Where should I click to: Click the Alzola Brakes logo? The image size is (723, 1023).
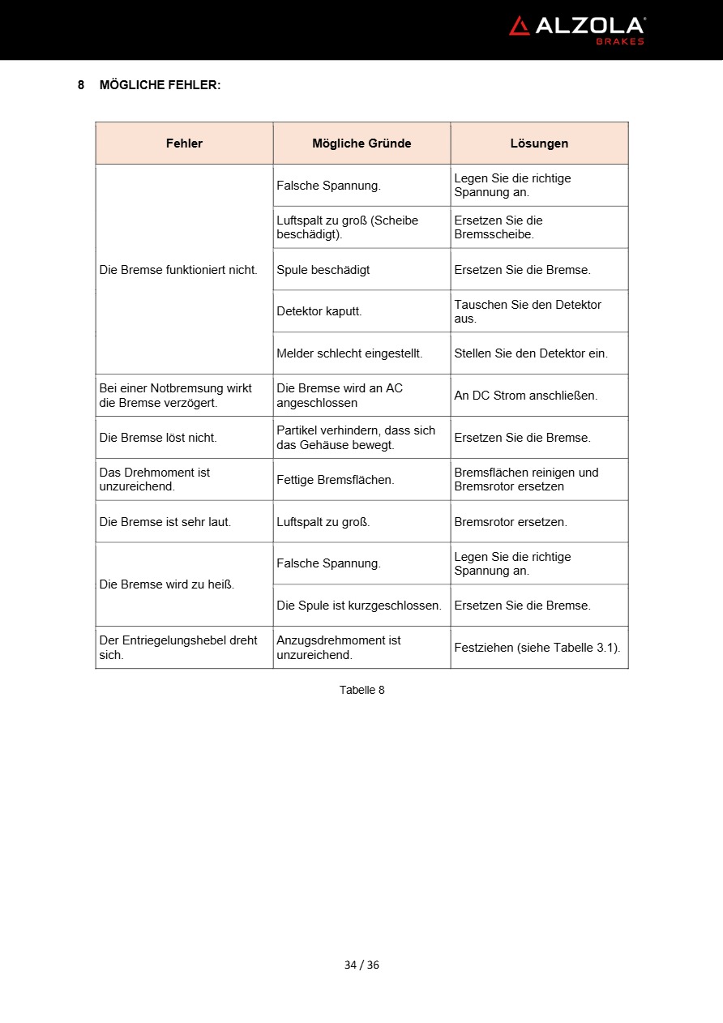pos(576,29)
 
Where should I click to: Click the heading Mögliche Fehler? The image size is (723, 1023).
pos(159,84)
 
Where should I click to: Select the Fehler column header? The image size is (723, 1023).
pos(184,143)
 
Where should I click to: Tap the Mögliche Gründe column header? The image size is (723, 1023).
pos(361,143)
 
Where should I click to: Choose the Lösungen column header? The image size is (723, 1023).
pos(539,143)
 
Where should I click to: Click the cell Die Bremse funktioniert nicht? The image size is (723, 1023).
pos(178,270)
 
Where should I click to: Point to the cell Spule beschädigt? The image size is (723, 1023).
pos(323,270)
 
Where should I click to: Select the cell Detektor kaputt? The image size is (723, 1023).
pos(319,311)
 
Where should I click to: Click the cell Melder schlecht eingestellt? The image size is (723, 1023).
pos(349,353)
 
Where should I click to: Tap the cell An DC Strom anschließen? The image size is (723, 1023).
pos(525,396)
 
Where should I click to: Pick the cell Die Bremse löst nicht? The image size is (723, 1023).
pos(158,438)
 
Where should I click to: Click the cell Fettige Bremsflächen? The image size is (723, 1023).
pos(336,480)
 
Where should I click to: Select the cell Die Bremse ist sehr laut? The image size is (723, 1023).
pos(165,522)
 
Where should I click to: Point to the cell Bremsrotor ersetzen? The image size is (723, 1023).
pos(511,522)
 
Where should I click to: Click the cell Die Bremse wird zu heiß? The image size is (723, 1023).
pos(167,584)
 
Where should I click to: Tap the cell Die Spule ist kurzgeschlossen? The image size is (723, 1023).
pos(359,606)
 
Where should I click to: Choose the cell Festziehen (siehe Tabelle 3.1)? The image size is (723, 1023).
pos(537,648)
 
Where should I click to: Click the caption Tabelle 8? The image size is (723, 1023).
pos(361,690)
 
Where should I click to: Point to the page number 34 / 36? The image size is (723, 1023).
pos(361,965)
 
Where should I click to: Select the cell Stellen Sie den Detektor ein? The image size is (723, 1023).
pos(531,353)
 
